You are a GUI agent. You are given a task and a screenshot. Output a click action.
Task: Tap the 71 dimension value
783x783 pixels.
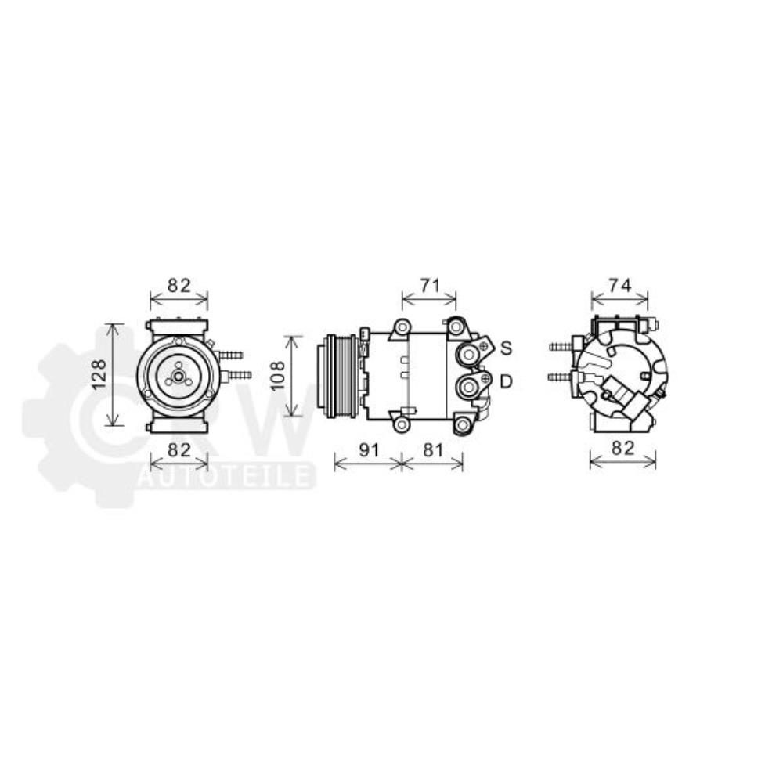(x=429, y=286)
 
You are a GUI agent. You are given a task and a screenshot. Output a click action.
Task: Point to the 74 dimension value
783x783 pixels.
(x=619, y=286)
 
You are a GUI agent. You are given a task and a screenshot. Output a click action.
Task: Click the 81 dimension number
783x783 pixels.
(x=433, y=449)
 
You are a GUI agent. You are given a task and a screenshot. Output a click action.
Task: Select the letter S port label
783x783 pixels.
(x=507, y=347)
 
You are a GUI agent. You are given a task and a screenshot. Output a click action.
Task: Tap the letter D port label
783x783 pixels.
(x=507, y=381)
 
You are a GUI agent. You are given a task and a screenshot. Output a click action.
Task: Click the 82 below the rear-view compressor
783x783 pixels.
(x=622, y=449)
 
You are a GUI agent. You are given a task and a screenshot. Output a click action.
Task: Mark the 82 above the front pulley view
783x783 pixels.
(x=179, y=286)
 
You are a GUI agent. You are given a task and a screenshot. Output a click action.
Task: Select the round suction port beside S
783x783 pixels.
(x=468, y=355)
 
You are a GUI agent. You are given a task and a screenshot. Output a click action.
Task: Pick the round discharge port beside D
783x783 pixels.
(x=468, y=386)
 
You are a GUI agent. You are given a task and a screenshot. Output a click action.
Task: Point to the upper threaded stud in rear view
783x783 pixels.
(x=560, y=346)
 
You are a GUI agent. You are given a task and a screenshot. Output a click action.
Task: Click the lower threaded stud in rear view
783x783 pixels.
(x=560, y=377)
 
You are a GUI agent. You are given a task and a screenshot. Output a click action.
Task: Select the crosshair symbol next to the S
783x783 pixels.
(x=485, y=346)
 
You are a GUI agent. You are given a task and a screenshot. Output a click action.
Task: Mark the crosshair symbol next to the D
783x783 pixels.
(x=486, y=380)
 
